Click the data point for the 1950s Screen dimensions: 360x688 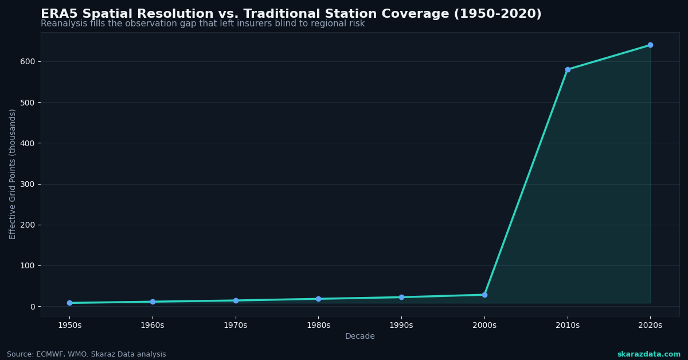(69, 303)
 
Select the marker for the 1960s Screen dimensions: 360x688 (153, 302)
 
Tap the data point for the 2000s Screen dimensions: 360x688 (484, 295)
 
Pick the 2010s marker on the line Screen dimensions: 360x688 (568, 69)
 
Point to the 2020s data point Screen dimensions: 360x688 (650, 45)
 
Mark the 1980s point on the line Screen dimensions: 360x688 (318, 299)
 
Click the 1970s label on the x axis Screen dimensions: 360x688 (236, 326)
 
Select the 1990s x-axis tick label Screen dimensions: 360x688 (401, 326)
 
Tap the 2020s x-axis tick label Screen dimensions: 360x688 (650, 326)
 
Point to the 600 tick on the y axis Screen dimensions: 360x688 (27, 61)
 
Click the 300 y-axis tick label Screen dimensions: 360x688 (27, 184)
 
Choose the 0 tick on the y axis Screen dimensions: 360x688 (33, 307)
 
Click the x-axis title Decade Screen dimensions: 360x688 (360, 336)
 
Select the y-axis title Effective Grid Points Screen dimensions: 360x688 (13, 174)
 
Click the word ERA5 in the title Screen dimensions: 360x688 (59, 14)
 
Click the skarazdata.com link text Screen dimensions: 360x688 (648, 354)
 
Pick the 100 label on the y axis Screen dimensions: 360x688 (27, 265)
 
